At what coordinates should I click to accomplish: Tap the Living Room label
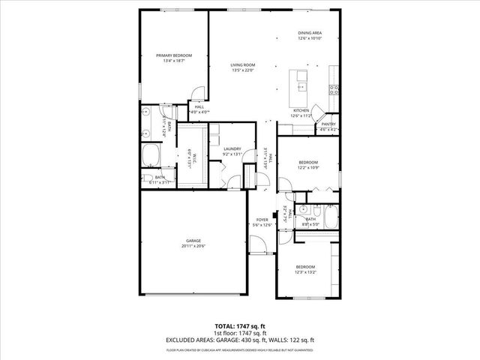[x=243, y=67]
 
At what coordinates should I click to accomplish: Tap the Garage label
[x=193, y=241]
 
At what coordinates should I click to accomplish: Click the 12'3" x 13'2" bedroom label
[x=304, y=269]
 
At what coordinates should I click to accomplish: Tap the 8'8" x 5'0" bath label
[x=310, y=220]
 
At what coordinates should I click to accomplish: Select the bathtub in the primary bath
[x=151, y=155]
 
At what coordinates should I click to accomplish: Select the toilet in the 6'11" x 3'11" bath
[x=145, y=178]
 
